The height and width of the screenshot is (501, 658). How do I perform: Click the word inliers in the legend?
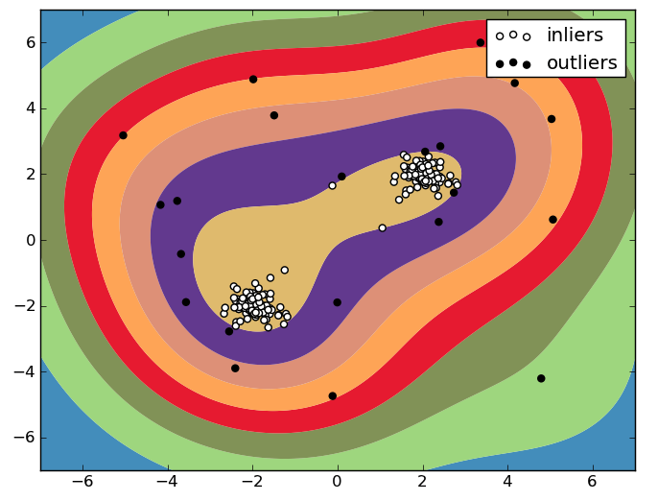tap(575, 36)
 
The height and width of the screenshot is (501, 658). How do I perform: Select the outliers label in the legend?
tap(581, 63)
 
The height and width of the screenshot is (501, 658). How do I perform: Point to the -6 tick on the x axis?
tap(82, 482)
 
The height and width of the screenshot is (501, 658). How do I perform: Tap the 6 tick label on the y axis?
tap(29, 42)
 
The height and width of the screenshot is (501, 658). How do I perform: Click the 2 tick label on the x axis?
tap(422, 482)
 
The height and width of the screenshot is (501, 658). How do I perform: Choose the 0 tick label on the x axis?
tap(338, 482)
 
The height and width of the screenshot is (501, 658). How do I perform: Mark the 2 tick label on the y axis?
tap(29, 174)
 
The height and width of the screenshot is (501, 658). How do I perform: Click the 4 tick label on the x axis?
tap(507, 482)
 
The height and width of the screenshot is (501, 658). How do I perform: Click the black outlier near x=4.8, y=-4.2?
tap(541, 378)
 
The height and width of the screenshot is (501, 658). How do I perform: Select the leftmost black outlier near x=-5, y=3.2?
tap(123, 135)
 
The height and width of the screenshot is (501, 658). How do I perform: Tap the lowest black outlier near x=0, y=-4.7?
tap(333, 395)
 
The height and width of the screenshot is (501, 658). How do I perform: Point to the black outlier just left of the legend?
tap(481, 42)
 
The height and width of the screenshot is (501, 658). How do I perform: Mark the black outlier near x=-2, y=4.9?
tap(253, 79)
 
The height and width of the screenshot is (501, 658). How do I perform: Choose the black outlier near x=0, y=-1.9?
tap(337, 302)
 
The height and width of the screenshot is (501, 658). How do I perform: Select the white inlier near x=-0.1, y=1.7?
tap(333, 185)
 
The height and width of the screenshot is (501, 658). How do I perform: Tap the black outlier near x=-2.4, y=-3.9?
tap(235, 368)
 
